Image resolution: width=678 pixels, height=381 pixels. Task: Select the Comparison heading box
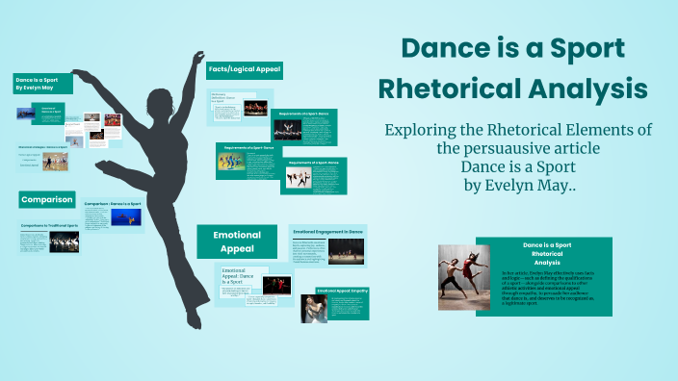(46, 200)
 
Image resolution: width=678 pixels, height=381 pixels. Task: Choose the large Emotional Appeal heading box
(237, 241)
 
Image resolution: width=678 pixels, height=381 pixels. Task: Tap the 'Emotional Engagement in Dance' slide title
(329, 231)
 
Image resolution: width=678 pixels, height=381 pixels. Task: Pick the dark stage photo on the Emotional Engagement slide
(346, 251)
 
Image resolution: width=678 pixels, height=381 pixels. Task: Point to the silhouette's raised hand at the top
(198, 57)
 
